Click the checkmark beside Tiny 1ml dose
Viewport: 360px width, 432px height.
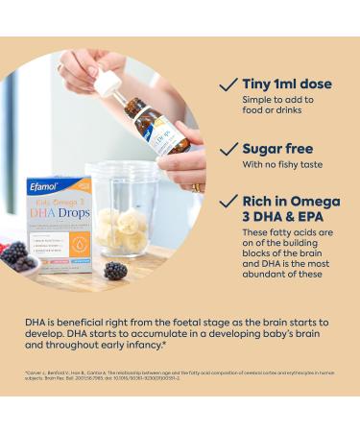228,85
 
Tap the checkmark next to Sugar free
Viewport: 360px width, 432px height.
228,150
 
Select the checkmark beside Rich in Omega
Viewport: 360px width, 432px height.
228,201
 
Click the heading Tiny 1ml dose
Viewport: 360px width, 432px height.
288,84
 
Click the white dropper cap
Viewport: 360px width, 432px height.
108,81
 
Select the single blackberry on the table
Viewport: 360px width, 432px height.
115,271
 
